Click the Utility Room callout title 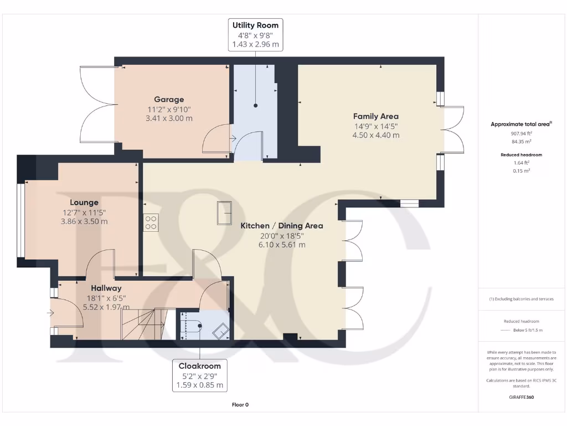pyautogui.click(x=255, y=26)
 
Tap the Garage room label pyautogui.click(x=169, y=99)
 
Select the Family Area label pyautogui.click(x=376, y=116)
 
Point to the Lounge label pyautogui.click(x=84, y=202)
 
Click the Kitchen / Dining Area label pyautogui.click(x=282, y=226)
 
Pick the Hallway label pyautogui.click(x=106, y=288)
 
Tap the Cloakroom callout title pyautogui.click(x=199, y=366)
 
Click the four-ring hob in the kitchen pyautogui.click(x=151, y=223)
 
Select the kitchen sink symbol pyautogui.click(x=224, y=213)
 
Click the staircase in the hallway pyautogui.click(x=143, y=324)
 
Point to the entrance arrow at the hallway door pyautogui.click(x=50, y=313)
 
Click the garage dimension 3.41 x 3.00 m pyautogui.click(x=169, y=119)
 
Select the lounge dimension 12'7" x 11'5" pyautogui.click(x=84, y=212)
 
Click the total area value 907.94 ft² pyautogui.click(x=521, y=133)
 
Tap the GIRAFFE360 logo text pyautogui.click(x=521, y=397)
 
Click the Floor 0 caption pyautogui.click(x=240, y=404)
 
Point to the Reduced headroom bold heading pyautogui.click(x=521, y=155)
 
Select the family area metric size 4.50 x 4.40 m pyautogui.click(x=376, y=135)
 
